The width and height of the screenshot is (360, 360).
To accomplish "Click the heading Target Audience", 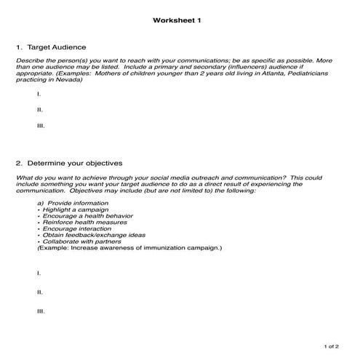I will coord(60,47).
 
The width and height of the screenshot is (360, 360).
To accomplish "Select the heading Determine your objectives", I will coord(73,163).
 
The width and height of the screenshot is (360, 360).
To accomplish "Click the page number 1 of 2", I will coord(332,347).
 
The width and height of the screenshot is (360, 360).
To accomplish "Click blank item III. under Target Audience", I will coord(41,125).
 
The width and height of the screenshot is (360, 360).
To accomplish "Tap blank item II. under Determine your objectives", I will coord(40,292).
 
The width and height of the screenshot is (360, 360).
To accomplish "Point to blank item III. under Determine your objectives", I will coord(41,311).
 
